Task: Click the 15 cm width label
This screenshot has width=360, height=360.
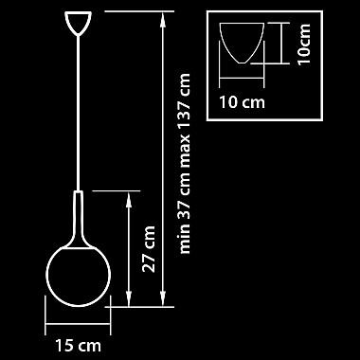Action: coord(79,345)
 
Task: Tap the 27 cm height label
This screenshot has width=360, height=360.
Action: coord(149,249)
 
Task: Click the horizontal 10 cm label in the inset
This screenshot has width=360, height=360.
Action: coord(243,102)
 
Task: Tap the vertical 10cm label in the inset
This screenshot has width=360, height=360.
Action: coord(304,45)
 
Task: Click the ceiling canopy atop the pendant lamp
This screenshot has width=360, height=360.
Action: coord(78,23)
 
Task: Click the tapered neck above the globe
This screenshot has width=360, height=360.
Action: coord(78,220)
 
